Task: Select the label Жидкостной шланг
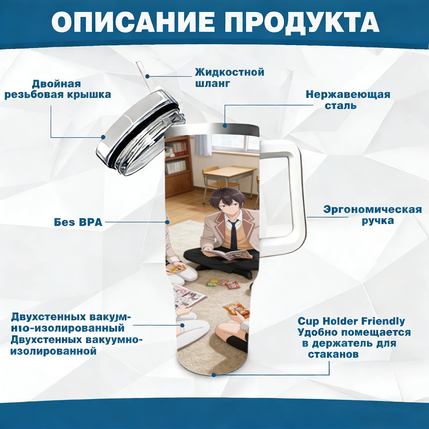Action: click(230, 78)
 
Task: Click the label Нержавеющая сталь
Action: click(348, 100)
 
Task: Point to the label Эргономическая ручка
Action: click(372, 215)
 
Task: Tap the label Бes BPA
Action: click(78, 222)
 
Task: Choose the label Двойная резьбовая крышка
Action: click(58, 89)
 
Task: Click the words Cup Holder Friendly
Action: click(351, 321)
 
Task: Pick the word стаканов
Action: click(333, 354)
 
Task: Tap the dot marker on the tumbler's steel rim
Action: click(225, 125)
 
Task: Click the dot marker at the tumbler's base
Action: click(214, 375)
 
